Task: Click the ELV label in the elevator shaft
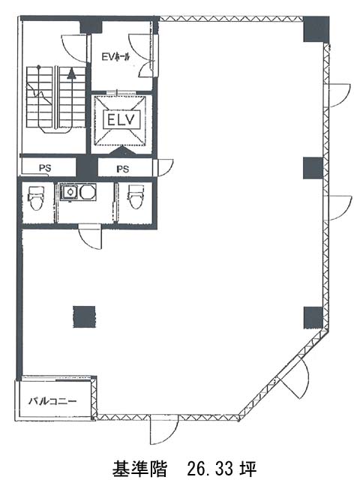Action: pyautogui.click(x=121, y=119)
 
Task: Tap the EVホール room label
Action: pyautogui.click(x=115, y=57)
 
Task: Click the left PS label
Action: pyautogui.click(x=45, y=168)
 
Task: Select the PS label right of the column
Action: pyautogui.click(x=122, y=169)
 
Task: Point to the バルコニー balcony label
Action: pyautogui.click(x=52, y=401)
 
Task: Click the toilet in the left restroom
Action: pyautogui.click(x=35, y=198)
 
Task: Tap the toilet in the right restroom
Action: pyautogui.click(x=135, y=196)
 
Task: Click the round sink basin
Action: pyautogui.click(x=88, y=192)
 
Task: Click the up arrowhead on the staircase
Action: pyautogui.click(x=72, y=74)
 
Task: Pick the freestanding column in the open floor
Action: pyautogui.click(x=84, y=316)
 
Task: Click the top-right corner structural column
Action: pyautogui.click(x=316, y=29)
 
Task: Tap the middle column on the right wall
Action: pyautogui.click(x=313, y=168)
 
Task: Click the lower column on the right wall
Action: pyautogui.click(x=313, y=318)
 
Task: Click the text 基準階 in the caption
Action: pyautogui.click(x=139, y=469)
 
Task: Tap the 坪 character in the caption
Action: pyautogui.click(x=248, y=469)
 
